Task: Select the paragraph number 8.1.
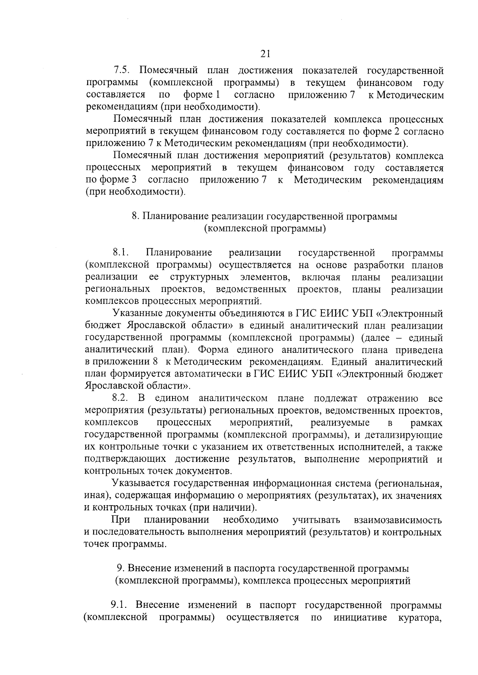pyautogui.click(x=121, y=253)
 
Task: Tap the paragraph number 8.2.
pyautogui.click(x=121, y=398)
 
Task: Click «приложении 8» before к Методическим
pyautogui.click(x=125, y=362)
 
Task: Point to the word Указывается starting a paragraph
pyautogui.click(x=141, y=483)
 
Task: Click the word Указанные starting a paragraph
pyautogui.click(x=138, y=313)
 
